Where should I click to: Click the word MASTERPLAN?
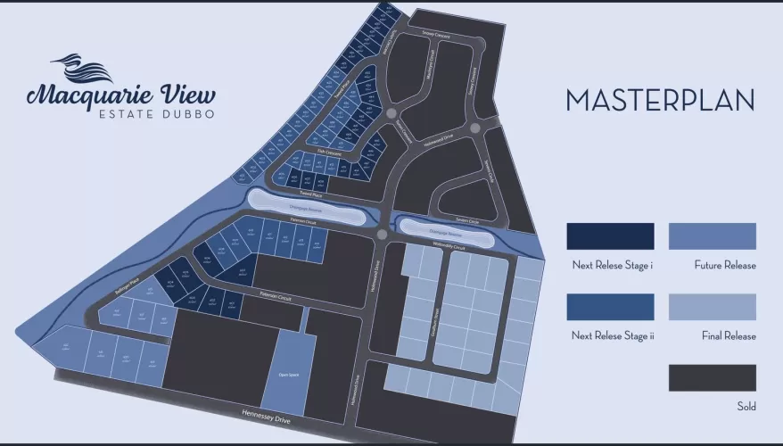click(x=660, y=100)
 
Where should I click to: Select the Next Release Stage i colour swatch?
click(x=610, y=236)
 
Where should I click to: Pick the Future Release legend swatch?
click(x=712, y=236)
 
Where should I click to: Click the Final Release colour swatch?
click(x=712, y=307)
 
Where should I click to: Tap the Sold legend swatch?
click(x=712, y=377)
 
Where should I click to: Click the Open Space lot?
click(x=288, y=375)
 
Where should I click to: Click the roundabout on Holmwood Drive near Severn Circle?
click(x=474, y=128)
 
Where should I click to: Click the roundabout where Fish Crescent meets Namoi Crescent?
click(x=391, y=112)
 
